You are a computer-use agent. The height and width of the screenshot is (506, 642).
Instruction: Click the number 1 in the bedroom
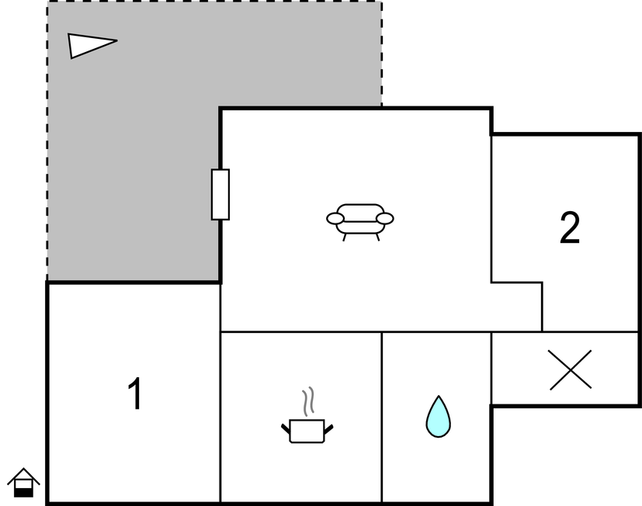point(135,393)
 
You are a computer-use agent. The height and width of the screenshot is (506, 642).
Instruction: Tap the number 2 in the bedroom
point(570,227)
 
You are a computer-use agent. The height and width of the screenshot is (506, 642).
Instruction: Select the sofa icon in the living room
point(360,222)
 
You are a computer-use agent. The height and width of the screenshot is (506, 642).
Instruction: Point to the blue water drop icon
point(438,416)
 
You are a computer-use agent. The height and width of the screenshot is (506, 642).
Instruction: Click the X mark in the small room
point(571,369)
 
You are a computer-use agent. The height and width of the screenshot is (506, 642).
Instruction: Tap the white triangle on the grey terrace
point(92,46)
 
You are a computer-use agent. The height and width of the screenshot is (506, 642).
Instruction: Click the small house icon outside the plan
point(23,483)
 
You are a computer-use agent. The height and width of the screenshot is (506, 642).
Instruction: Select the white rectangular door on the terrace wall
point(220,195)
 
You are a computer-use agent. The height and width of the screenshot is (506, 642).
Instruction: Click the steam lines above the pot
point(308,401)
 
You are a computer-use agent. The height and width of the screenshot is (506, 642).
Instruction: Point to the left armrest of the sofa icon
point(335,219)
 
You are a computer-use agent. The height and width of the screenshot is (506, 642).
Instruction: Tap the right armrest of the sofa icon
point(385,219)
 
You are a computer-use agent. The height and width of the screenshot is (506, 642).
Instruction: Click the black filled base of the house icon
point(23,493)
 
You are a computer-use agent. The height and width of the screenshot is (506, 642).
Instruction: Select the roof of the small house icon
point(23,476)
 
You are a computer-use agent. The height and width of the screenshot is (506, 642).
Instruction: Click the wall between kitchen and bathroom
point(382,417)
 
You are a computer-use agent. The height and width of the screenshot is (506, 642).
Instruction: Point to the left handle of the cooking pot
point(286,429)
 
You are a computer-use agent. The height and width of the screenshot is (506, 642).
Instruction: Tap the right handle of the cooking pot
point(329,429)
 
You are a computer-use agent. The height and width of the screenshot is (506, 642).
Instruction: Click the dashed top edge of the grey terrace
point(214,2)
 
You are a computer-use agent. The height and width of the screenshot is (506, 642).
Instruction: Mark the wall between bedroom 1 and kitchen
point(220,392)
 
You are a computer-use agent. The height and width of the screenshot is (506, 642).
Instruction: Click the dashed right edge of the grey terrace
point(382,54)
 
